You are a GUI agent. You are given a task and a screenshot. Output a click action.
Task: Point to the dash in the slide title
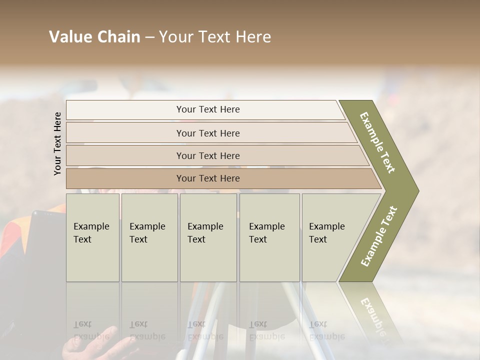(149, 37)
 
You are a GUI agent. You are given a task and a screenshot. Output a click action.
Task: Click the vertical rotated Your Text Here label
(57, 143)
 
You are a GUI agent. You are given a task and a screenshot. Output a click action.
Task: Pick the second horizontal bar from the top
(208, 133)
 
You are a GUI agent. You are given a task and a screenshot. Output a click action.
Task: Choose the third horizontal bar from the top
(208, 155)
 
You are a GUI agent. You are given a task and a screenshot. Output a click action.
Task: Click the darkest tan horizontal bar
(208, 178)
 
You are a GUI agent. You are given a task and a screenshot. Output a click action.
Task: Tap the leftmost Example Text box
(92, 237)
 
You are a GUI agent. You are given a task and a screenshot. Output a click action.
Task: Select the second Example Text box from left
(149, 237)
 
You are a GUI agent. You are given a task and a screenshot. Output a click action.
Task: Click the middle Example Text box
(208, 237)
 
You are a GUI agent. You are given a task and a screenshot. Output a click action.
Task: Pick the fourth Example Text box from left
(269, 237)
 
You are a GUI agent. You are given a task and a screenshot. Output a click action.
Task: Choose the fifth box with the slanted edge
(330, 237)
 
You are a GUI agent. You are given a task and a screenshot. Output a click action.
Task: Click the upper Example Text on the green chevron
(378, 142)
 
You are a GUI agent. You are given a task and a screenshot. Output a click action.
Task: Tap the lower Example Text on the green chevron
(379, 236)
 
